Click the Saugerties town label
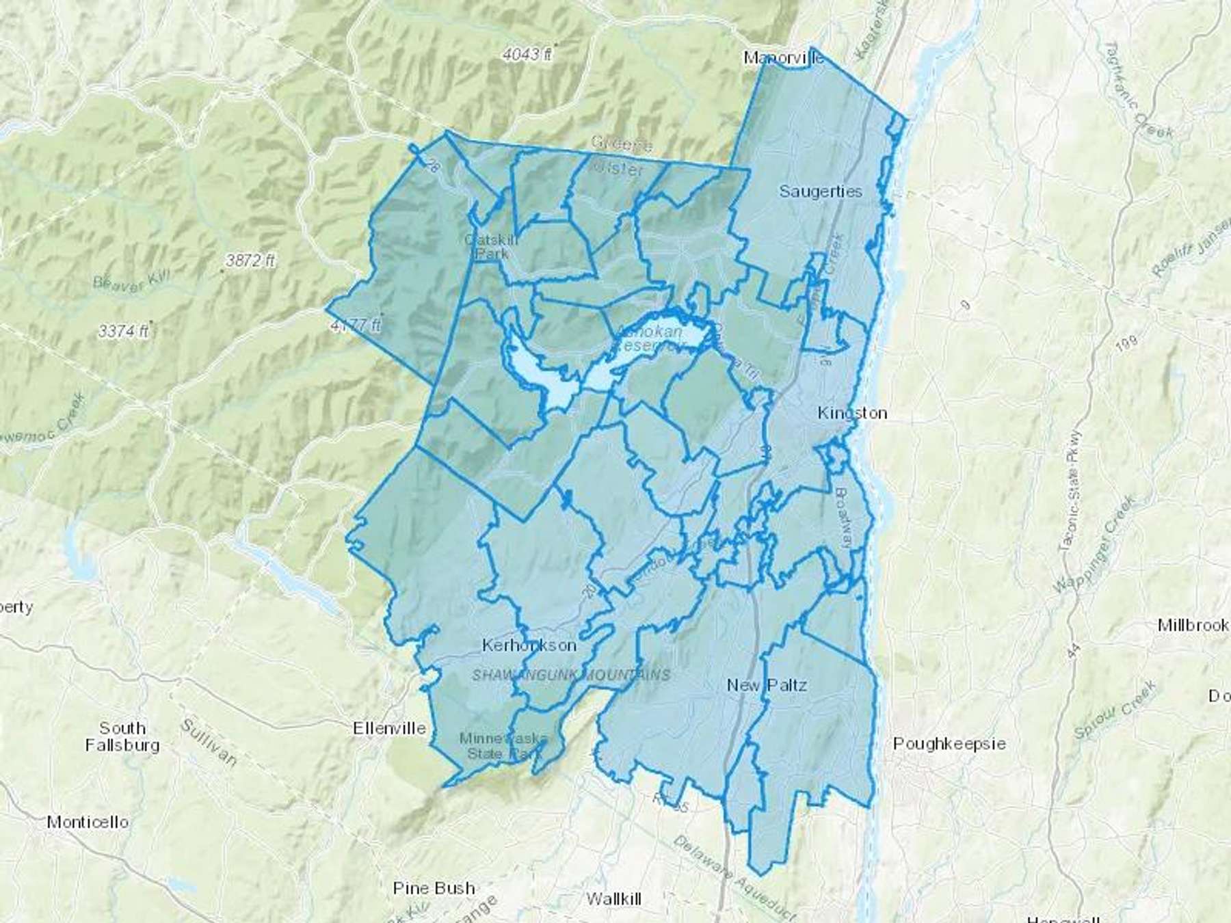821,191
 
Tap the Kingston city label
853,413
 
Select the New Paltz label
767,685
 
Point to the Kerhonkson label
529,645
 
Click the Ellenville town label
390,728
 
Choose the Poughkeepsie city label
949,743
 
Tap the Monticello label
88,822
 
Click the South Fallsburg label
122,736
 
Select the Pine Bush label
434,888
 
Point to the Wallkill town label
614,898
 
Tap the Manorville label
784,58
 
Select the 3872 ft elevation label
251,260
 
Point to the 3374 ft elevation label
123,332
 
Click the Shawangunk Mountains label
571,675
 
